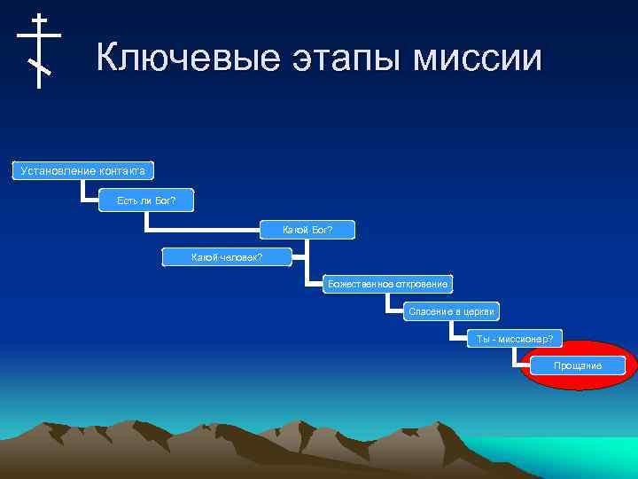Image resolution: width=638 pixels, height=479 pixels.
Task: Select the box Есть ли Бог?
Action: [x=146, y=200]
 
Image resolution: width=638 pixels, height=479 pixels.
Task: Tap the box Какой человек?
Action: [x=227, y=257]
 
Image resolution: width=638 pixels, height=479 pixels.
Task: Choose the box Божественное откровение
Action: [x=387, y=284]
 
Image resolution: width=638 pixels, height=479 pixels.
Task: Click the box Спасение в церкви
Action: [x=452, y=311]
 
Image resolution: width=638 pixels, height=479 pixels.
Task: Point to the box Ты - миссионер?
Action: [x=514, y=338]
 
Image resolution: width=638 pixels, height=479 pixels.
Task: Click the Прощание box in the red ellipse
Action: [x=577, y=365]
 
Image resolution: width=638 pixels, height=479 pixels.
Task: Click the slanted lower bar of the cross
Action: [x=39, y=67]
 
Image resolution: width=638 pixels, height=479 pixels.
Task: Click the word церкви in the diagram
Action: [x=479, y=311]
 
